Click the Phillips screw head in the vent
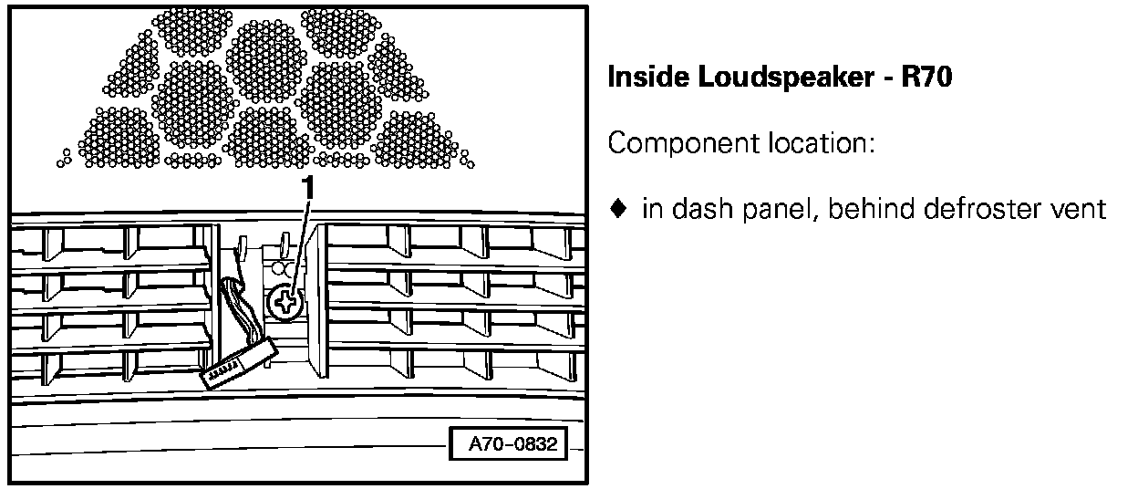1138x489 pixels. tap(286, 302)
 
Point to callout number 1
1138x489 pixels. tap(310, 188)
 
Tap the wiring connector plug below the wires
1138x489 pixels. tap(236, 365)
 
